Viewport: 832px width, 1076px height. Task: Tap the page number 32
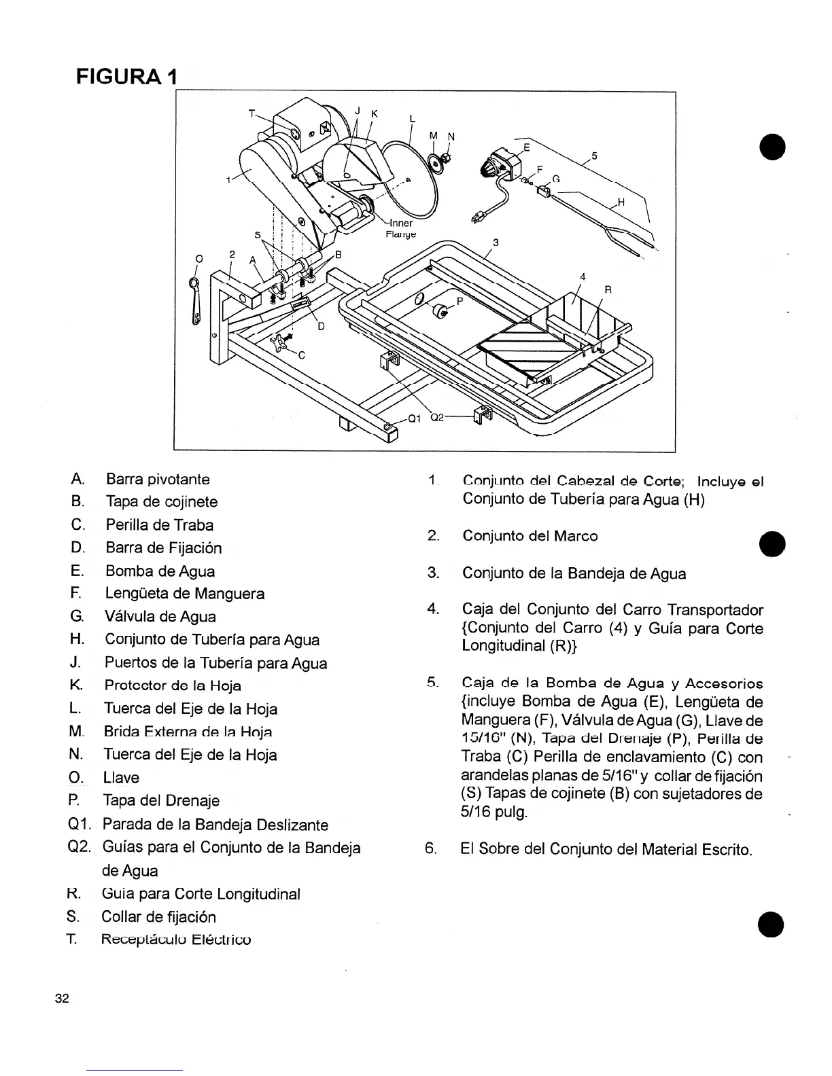pos(63,999)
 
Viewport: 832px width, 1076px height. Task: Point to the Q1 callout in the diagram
pos(415,418)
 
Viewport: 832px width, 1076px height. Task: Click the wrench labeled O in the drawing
pos(196,302)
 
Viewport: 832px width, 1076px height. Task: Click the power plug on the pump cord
pos(477,217)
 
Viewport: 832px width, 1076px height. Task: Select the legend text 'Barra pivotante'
pos(158,479)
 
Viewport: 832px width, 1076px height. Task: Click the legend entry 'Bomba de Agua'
pos(160,571)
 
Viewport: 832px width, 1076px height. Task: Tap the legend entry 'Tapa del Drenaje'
pos(161,801)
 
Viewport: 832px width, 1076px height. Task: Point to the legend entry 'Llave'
pos(121,778)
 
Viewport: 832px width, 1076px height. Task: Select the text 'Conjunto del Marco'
pos(530,536)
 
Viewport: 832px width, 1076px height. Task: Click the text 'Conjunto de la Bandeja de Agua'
pos(574,574)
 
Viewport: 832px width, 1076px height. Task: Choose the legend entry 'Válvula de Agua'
pos(160,617)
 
